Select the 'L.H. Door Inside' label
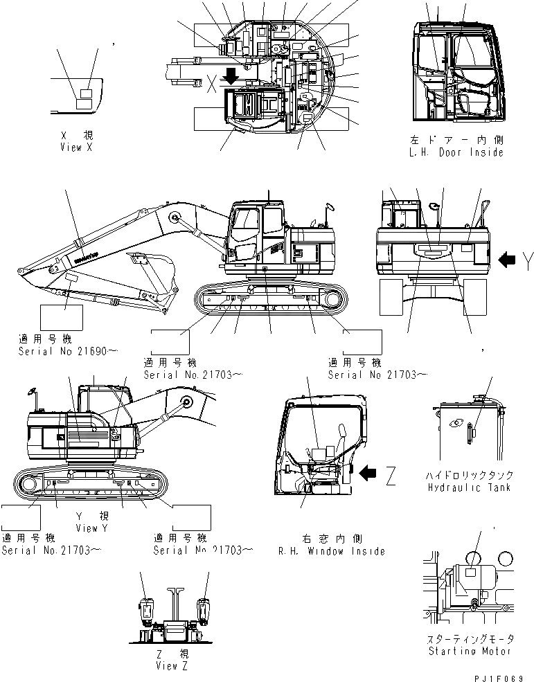pyautogui.click(x=456, y=152)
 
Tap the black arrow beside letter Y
pyautogui.click(x=508, y=260)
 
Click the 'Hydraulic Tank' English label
pyautogui.click(x=470, y=487)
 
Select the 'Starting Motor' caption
pyautogui.click(x=470, y=651)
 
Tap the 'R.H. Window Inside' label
pyautogui.click(x=331, y=551)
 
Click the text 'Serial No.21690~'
pyautogui.click(x=68, y=352)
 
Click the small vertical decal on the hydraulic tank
pyautogui.click(x=470, y=433)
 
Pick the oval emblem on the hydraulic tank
pyautogui.click(x=454, y=423)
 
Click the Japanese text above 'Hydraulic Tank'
pyautogui.click(x=470, y=476)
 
